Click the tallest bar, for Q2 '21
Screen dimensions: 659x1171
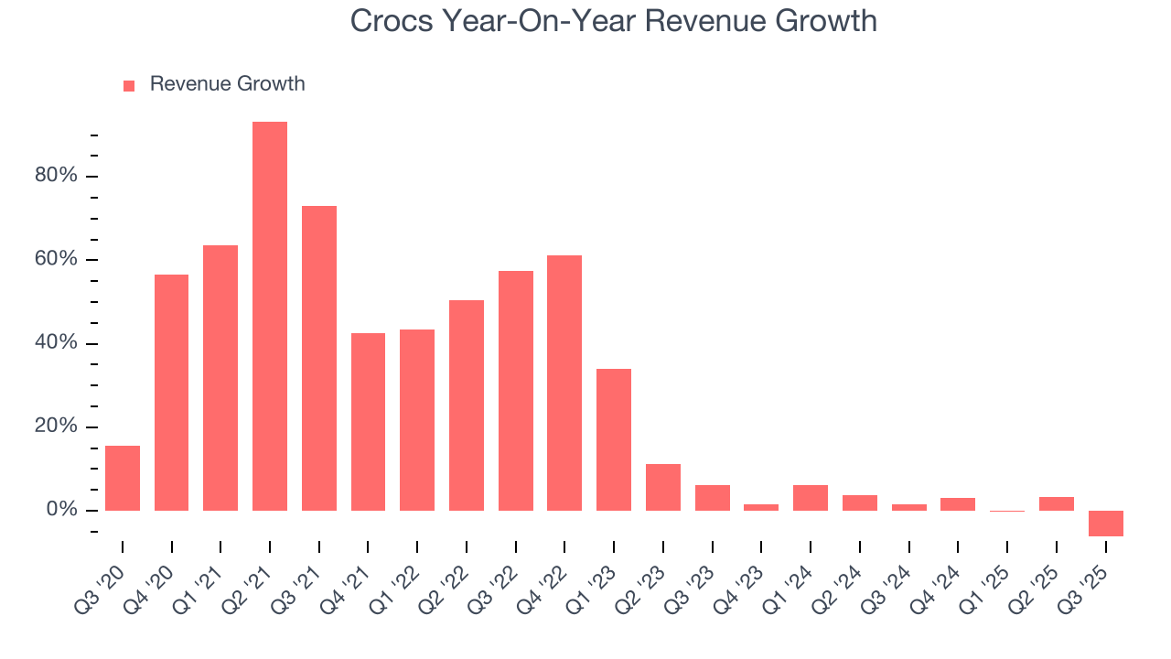tap(270, 316)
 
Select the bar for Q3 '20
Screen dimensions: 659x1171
tap(123, 478)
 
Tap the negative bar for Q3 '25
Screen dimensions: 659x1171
tap(1105, 524)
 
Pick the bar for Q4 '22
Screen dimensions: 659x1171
tap(564, 383)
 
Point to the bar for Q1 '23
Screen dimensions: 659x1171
tap(614, 439)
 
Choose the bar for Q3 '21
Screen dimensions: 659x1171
tap(319, 358)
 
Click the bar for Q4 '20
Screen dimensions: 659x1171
tap(172, 393)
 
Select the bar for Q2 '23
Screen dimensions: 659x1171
tap(663, 487)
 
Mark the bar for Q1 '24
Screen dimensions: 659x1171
tap(811, 498)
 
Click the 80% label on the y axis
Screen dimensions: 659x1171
tap(56, 176)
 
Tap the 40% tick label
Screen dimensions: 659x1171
tap(56, 343)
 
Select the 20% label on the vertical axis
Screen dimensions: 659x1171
tap(56, 427)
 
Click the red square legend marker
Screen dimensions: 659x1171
tap(129, 85)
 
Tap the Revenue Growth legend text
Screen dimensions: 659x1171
tap(227, 84)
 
